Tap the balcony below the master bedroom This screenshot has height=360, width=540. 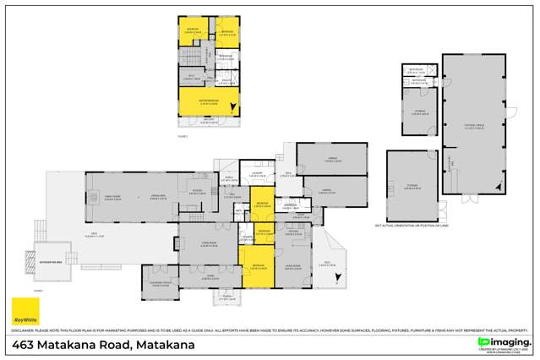click(208, 123)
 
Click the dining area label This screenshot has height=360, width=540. click(156, 197)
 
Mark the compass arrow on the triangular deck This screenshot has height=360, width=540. click(337, 277)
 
